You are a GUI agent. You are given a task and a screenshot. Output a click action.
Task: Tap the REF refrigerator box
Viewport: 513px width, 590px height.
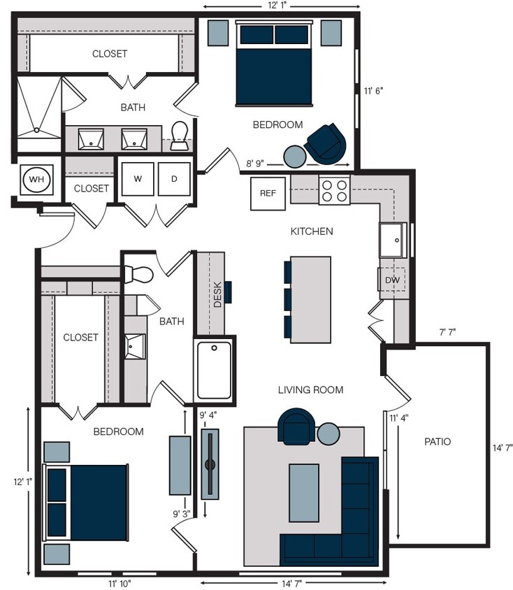pyautogui.click(x=268, y=194)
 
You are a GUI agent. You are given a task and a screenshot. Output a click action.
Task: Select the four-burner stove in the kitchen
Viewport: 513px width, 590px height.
pyautogui.click(x=334, y=189)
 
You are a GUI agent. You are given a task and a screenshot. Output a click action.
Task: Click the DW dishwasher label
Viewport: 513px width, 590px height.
pyautogui.click(x=392, y=280)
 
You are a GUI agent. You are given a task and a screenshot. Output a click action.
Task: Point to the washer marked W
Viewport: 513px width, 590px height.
pyautogui.click(x=138, y=179)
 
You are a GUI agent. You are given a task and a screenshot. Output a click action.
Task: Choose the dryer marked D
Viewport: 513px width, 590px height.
pyautogui.click(x=173, y=179)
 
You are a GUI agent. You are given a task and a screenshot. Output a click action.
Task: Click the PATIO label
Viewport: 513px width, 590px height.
pyautogui.click(x=438, y=442)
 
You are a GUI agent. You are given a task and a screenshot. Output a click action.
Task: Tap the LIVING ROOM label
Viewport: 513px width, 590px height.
pyautogui.click(x=310, y=389)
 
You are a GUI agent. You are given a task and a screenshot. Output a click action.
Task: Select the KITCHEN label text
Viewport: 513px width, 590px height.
pyautogui.click(x=312, y=231)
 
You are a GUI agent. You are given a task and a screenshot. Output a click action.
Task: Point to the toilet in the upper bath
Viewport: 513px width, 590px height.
pyautogui.click(x=180, y=135)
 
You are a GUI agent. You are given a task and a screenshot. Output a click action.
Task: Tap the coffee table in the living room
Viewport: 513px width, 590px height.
pyautogui.click(x=304, y=493)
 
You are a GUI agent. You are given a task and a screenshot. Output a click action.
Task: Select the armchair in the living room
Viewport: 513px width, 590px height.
pyautogui.click(x=296, y=426)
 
